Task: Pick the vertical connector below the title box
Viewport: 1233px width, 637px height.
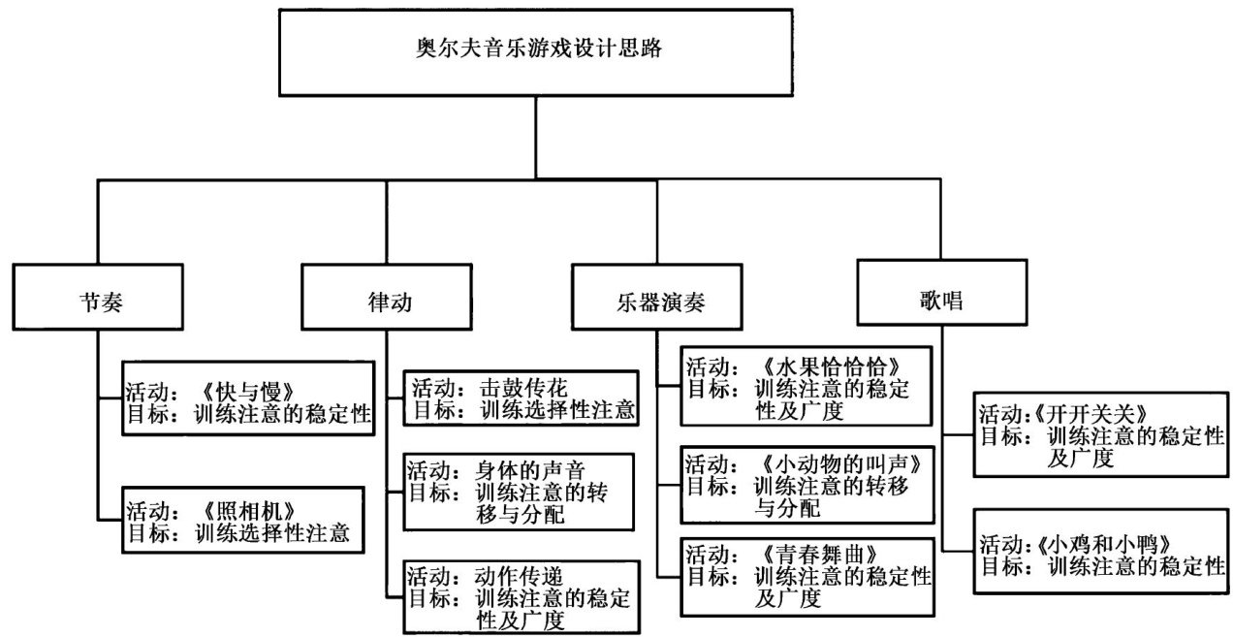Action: click(534, 135)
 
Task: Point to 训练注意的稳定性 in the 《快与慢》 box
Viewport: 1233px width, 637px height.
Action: click(283, 416)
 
